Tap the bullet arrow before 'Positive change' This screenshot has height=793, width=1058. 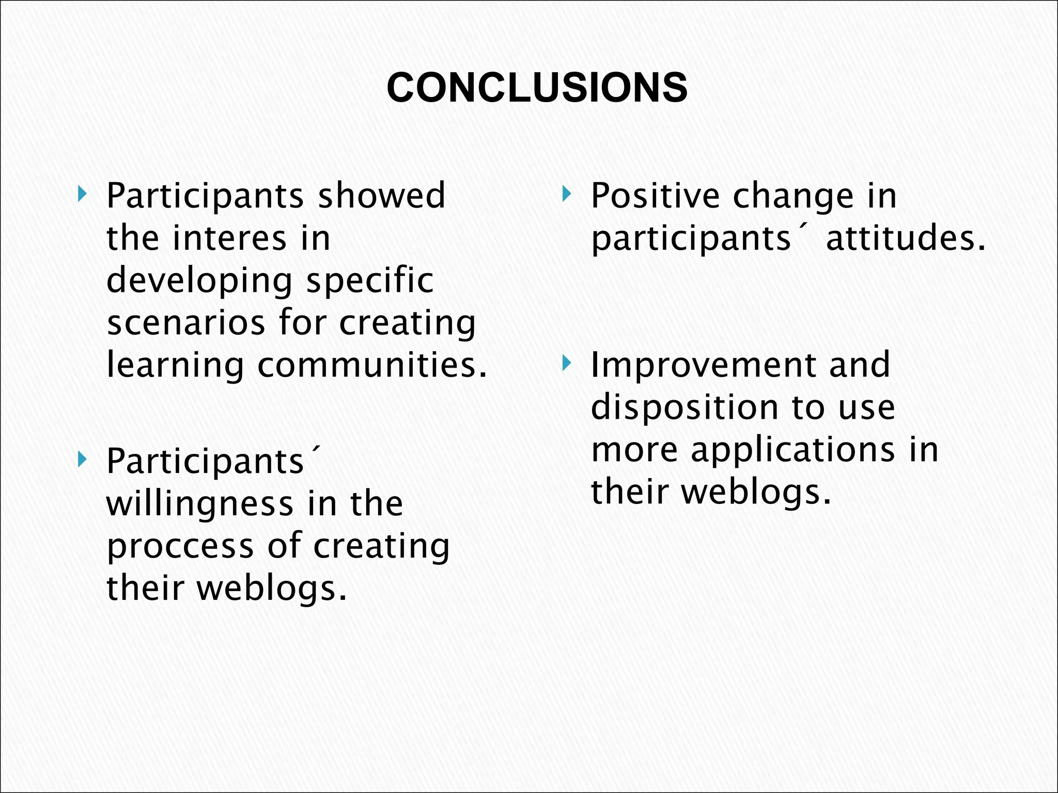[x=567, y=195]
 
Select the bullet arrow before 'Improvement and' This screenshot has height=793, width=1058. [x=567, y=364]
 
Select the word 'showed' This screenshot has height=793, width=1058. [x=381, y=196]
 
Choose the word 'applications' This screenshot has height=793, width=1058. [x=793, y=450]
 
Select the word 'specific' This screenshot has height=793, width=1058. [x=369, y=281]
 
